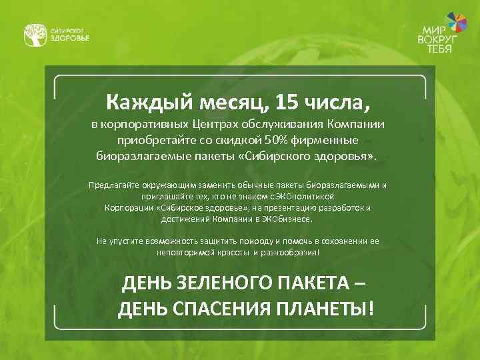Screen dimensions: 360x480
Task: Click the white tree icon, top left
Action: click(35, 35)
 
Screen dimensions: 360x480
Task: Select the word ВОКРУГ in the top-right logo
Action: click(438, 40)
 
